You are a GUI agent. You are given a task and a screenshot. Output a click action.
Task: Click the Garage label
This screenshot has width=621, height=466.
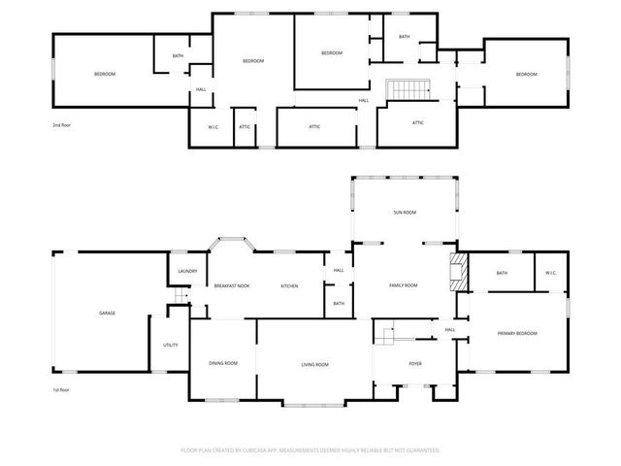(x=107, y=314)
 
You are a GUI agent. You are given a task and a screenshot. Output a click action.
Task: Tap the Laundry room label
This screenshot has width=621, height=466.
(x=188, y=271)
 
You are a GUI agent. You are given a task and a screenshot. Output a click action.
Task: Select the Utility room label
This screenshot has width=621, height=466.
(x=170, y=345)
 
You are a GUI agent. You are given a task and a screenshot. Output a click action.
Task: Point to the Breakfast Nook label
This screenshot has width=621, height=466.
(x=232, y=285)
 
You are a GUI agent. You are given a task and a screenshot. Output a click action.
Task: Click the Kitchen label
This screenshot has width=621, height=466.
(x=289, y=285)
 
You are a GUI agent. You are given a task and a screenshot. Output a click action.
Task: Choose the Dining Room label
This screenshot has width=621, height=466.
(x=223, y=363)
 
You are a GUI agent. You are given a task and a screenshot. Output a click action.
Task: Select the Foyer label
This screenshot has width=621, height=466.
(x=414, y=364)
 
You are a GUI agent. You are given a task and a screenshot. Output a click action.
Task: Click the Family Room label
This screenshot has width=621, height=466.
(x=403, y=284)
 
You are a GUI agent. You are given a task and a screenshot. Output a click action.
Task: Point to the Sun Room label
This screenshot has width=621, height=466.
(x=404, y=212)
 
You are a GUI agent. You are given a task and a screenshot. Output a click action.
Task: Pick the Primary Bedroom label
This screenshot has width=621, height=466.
(x=517, y=334)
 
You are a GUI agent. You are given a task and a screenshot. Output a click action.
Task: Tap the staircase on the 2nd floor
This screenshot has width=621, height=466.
(x=408, y=90)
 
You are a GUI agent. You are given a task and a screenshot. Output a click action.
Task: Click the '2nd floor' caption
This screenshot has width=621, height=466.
(x=62, y=125)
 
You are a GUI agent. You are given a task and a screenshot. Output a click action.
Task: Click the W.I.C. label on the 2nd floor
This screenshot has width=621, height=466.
(x=213, y=126)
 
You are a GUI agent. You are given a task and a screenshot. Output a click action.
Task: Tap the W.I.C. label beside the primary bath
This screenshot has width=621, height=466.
(x=549, y=273)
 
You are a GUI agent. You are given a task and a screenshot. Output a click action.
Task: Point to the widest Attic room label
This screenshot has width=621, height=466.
(x=314, y=126)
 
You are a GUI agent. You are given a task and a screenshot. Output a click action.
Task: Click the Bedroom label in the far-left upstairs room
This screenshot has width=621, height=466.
(x=105, y=75)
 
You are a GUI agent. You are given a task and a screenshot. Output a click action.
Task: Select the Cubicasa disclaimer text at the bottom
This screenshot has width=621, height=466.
(x=310, y=449)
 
